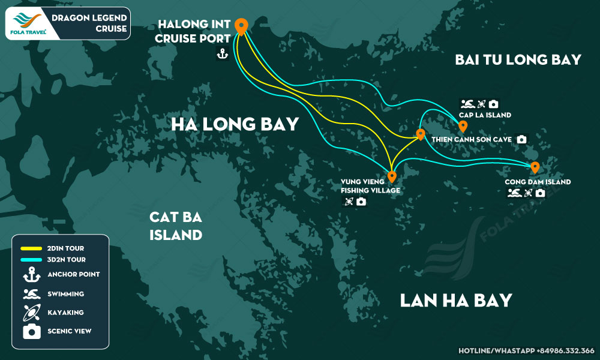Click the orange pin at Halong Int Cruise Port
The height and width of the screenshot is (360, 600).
tap(241, 26)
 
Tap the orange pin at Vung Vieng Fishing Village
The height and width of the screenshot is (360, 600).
tap(392, 176)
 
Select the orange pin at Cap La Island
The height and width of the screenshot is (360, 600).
tap(463, 126)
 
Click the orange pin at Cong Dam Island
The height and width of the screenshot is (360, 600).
tap(534, 167)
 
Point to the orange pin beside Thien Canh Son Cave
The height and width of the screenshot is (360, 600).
tap(421, 134)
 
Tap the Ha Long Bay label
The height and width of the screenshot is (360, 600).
tap(235, 124)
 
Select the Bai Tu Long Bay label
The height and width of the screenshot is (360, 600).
tap(518, 59)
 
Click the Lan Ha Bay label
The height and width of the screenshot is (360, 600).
tap(456, 300)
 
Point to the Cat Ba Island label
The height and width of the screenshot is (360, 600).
tap(175, 226)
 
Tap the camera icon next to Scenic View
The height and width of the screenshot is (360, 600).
tap(31, 331)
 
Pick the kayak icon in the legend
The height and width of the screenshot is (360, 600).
tap(31, 312)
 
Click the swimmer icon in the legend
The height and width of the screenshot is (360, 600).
tap(31, 294)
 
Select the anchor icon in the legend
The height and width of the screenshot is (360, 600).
tap(31, 275)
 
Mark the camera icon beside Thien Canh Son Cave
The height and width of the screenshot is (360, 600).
tap(521, 139)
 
